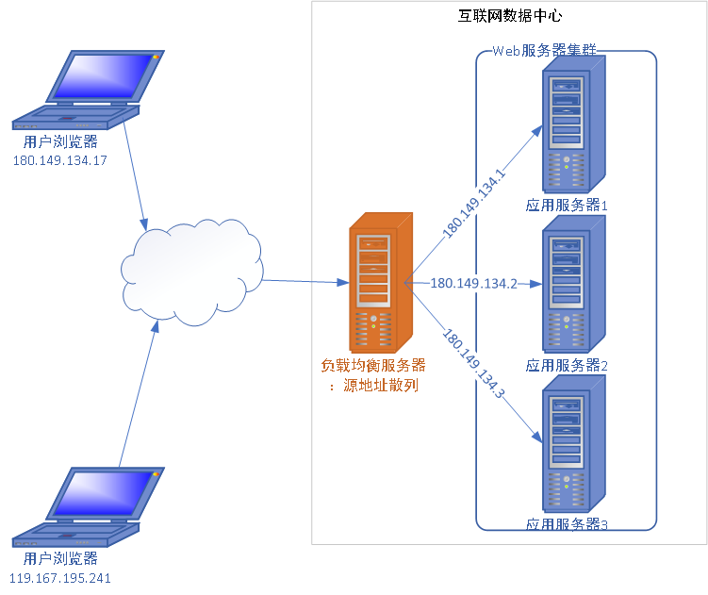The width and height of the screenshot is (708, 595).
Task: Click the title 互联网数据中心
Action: point(509,16)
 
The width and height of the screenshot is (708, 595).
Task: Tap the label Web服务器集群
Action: point(545,51)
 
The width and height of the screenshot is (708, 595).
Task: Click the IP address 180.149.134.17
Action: point(59,160)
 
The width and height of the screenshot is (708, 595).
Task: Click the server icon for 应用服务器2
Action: point(572,286)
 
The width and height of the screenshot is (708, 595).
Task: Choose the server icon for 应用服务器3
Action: point(572,446)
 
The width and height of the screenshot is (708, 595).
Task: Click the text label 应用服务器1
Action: point(567,205)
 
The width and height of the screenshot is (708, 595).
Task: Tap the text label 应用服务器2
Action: point(567,365)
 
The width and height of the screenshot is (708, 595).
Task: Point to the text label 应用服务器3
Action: point(567,523)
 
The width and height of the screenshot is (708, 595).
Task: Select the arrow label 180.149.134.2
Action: point(473,283)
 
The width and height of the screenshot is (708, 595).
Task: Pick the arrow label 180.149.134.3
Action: point(473,365)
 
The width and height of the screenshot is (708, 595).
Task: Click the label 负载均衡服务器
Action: point(373,365)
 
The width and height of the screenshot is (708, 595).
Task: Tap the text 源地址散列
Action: point(381,385)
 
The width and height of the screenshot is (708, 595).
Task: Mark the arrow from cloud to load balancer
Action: point(302,281)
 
